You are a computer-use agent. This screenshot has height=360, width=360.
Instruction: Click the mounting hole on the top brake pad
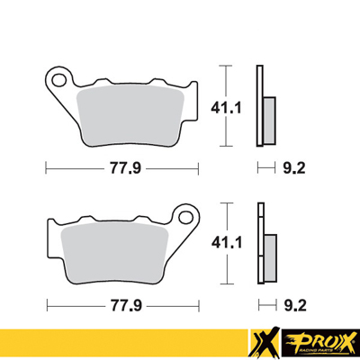[60, 79]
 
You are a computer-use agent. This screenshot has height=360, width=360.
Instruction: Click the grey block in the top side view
[267, 114]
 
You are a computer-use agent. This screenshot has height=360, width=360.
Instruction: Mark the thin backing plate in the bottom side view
[259, 243]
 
